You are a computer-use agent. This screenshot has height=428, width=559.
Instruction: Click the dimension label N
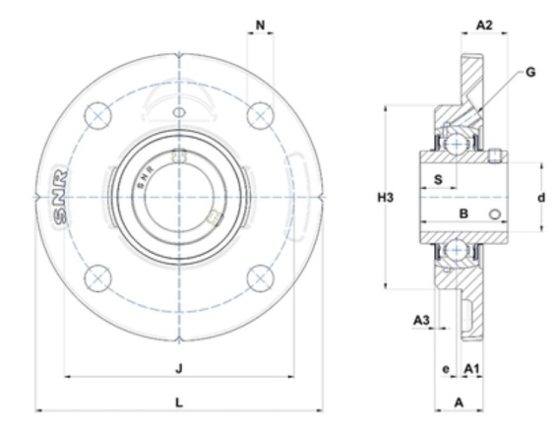point(261,25)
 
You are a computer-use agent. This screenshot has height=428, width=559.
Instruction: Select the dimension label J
point(179,368)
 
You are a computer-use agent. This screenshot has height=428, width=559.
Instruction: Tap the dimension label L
point(179,402)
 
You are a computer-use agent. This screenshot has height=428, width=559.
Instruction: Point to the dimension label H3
point(386,197)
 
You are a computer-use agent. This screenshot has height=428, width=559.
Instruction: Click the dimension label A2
point(484,25)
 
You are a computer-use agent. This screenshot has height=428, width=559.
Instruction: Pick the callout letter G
point(530,73)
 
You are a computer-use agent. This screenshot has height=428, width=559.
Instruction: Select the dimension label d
point(541,197)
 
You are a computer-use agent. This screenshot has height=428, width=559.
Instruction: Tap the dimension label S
point(438,179)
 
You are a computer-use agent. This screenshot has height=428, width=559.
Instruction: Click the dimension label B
point(464,214)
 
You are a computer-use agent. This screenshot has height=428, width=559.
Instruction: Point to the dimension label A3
point(421,321)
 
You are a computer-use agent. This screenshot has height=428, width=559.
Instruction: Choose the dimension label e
point(446,369)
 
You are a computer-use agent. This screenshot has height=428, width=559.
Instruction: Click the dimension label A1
point(471,368)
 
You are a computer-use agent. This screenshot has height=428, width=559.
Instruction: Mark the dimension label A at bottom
point(459,402)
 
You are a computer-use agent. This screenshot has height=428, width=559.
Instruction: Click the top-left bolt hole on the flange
point(98,115)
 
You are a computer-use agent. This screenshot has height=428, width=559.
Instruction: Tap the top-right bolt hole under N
point(261,115)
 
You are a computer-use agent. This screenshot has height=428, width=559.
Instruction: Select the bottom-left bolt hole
point(98,278)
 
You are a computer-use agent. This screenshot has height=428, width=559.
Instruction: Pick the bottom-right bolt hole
point(261,278)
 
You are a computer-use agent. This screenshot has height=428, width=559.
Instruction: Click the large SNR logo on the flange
point(59,197)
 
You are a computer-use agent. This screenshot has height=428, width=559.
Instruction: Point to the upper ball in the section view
point(457,144)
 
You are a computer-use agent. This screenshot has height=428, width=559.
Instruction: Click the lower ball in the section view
point(457,250)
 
